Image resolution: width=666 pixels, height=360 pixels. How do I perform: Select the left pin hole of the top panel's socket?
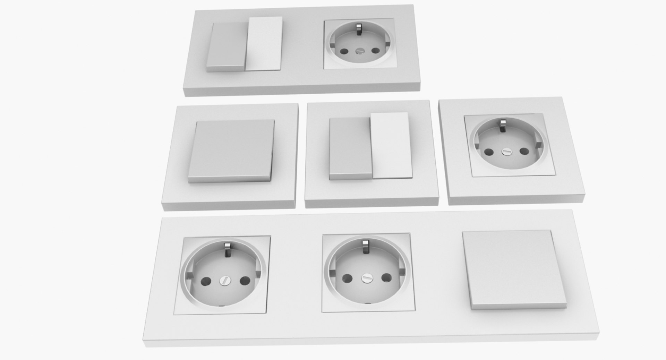344,52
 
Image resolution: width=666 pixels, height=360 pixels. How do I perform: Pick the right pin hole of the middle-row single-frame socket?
524,151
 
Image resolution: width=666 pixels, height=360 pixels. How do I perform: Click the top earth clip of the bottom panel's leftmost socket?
228,249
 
